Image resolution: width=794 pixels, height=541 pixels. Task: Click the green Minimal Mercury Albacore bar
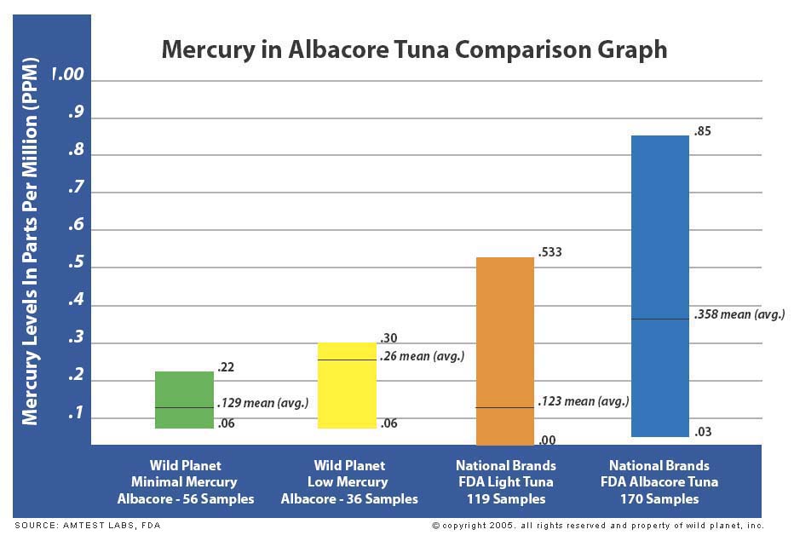(184, 400)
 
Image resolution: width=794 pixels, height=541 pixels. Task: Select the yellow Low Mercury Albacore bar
(347, 385)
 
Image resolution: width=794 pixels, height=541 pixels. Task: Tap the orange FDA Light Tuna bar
(504, 350)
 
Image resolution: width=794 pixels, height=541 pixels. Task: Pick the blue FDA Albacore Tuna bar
(659, 285)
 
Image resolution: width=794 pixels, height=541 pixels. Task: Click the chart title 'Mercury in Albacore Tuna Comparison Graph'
(414, 49)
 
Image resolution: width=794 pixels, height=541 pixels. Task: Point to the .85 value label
(703, 132)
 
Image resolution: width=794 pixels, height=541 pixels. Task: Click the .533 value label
(549, 252)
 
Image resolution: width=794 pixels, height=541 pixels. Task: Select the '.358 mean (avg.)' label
(739, 314)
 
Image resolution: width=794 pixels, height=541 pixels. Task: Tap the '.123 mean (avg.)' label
(583, 401)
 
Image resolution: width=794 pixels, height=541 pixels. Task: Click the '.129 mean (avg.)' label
(262, 402)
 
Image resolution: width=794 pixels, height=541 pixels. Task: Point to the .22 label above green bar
(226, 367)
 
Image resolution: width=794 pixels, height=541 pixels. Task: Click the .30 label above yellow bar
(388, 338)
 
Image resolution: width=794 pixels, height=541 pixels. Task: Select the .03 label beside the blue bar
(703, 432)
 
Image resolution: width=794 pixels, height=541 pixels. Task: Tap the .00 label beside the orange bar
(547, 440)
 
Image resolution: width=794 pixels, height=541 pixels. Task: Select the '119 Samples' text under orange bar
(505, 498)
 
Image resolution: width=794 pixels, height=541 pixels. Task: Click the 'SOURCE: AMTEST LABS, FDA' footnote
(87, 526)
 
